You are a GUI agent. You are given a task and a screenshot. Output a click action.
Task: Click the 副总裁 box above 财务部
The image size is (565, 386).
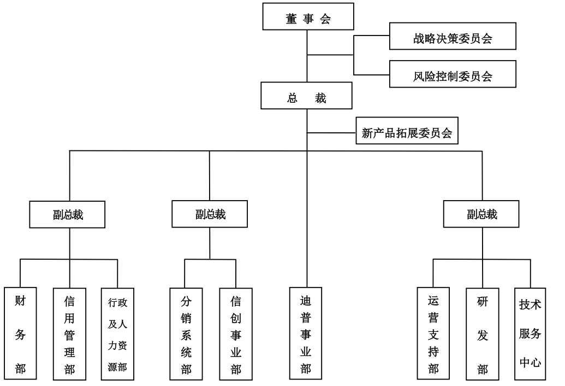(68, 214)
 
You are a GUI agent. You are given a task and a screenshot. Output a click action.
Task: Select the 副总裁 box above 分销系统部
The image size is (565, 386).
(210, 214)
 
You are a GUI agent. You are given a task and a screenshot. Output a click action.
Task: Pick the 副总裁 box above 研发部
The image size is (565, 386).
(481, 214)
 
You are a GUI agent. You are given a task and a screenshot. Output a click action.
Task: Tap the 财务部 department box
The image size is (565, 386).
(20, 334)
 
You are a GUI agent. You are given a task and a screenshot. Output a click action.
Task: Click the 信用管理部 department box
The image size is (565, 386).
(70, 334)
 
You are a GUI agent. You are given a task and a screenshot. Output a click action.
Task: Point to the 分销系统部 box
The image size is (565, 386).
(186, 334)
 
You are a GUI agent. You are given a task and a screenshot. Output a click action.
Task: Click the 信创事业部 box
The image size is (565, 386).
(236, 334)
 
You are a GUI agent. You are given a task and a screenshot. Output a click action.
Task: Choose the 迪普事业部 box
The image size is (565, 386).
(306, 334)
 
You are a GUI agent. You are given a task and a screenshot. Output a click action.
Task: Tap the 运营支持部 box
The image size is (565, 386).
(433, 334)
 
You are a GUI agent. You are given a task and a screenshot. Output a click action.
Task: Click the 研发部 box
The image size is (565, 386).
(483, 334)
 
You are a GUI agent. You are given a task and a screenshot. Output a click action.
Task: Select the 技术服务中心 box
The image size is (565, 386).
(530, 334)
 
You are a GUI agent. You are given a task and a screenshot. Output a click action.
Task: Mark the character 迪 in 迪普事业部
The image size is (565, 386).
(306, 301)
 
